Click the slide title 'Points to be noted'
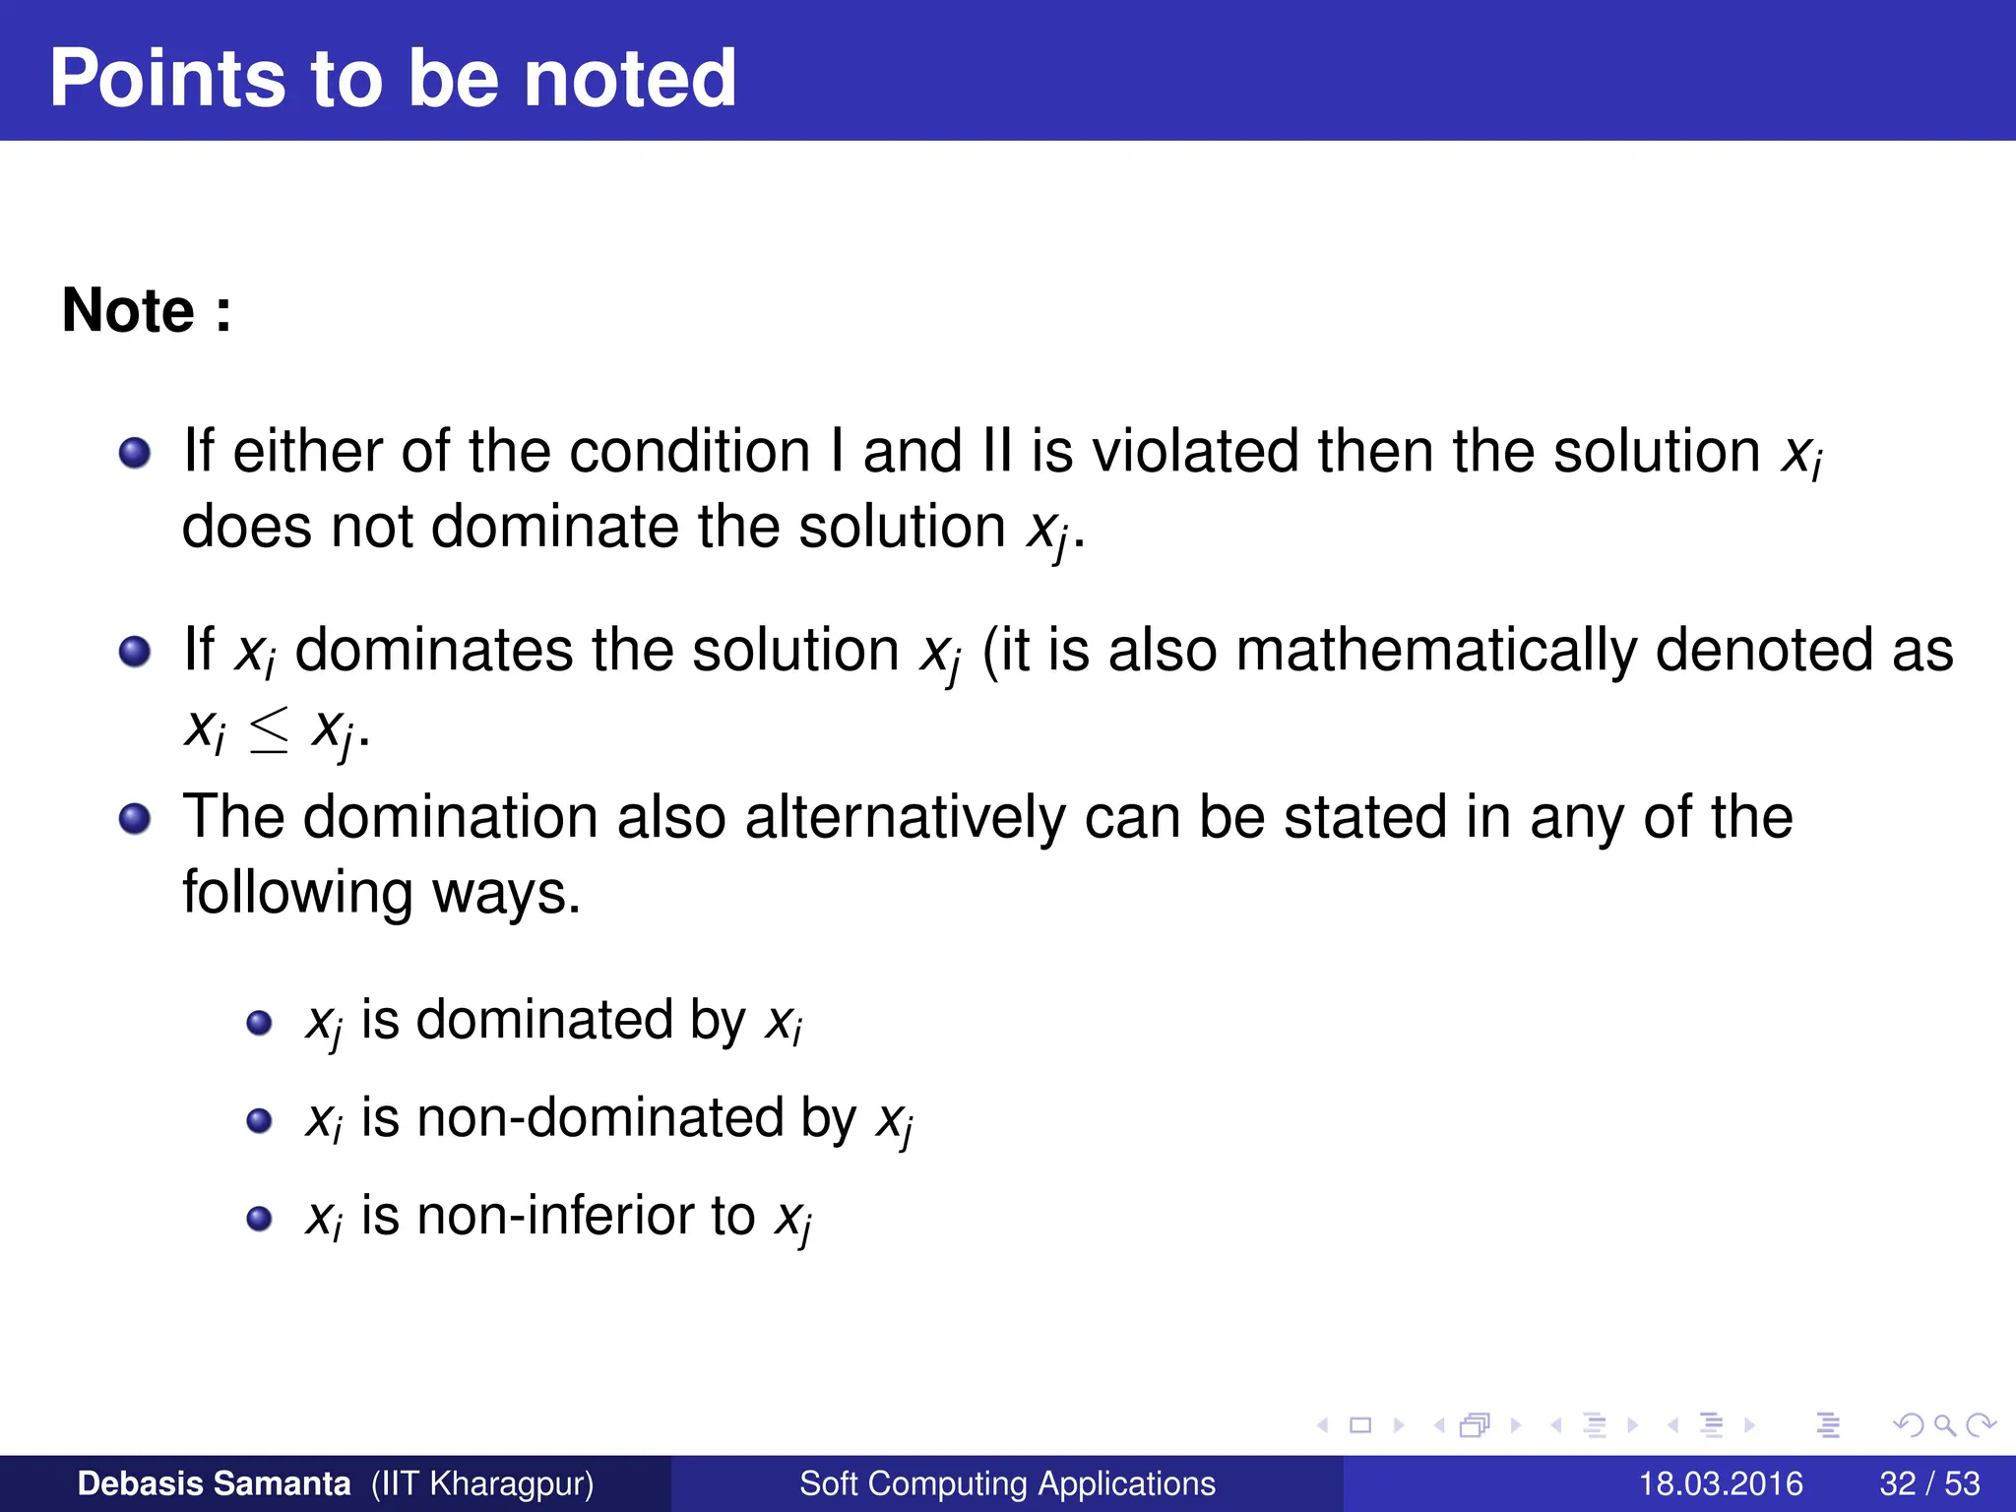(393, 79)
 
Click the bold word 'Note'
(128, 311)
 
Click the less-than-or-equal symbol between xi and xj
(269, 732)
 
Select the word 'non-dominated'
(636, 1118)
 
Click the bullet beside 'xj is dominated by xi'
(259, 1024)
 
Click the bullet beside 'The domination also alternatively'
(135, 818)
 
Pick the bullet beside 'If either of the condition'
(135, 453)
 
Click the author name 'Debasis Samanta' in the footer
(214, 1483)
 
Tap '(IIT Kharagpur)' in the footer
(482, 1483)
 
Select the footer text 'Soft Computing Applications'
(1007, 1483)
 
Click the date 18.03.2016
(1720, 1483)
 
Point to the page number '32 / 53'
(1929, 1483)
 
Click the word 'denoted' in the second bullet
(1763, 651)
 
